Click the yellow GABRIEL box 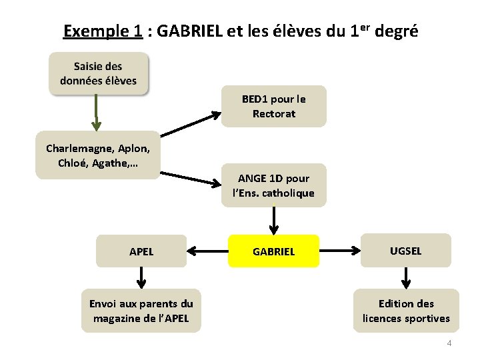273,252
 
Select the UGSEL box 405,251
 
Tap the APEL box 141,251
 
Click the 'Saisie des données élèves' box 98,74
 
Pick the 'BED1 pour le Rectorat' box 274,106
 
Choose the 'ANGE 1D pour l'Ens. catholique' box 274,185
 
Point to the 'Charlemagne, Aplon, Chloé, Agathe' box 97,155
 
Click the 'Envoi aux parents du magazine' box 141,311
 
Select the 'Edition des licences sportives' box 406,311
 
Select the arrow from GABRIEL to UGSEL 339,251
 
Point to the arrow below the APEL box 141,277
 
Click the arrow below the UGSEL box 405,277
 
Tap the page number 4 449,343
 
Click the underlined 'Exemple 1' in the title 103,31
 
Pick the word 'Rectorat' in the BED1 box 274,113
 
